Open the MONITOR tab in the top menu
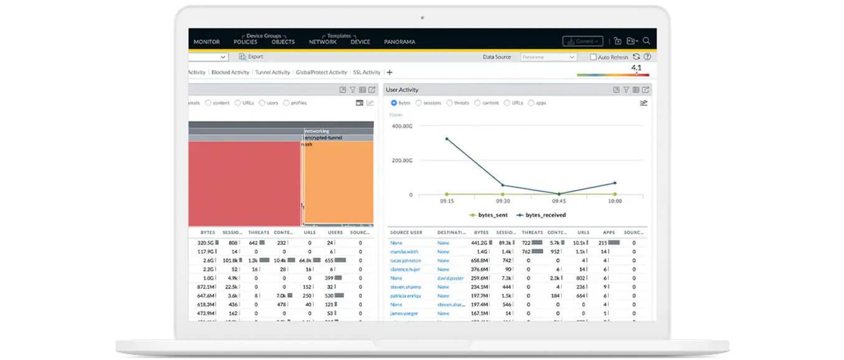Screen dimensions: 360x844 [x=206, y=42]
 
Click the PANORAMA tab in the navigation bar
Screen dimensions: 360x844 [x=399, y=42]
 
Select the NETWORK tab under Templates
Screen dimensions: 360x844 [x=323, y=42]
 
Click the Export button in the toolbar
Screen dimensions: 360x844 [x=252, y=57]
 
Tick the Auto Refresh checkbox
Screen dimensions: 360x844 [x=593, y=57]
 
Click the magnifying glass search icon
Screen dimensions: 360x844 [x=647, y=41]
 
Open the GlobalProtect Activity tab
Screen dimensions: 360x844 [x=321, y=72]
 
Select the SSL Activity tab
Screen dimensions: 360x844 [x=366, y=72]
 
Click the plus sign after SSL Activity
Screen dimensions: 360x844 [x=390, y=72]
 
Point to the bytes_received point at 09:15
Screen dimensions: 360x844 [x=447, y=138]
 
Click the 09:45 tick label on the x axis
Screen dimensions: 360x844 [x=558, y=201]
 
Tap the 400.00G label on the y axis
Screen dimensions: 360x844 [x=402, y=126]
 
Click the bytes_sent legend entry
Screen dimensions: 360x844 [x=488, y=215]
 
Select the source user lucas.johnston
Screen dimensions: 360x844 [x=405, y=260]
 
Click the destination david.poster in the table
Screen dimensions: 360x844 [x=451, y=278]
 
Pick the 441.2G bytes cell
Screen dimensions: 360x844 [x=480, y=243]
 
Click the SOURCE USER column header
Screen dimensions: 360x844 [x=406, y=232]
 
